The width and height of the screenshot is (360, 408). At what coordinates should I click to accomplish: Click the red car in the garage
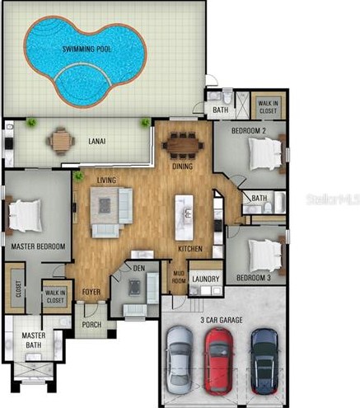click(219, 361)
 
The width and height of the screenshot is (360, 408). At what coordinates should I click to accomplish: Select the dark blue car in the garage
click(264, 361)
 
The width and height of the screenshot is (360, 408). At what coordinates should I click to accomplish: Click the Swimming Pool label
click(86, 49)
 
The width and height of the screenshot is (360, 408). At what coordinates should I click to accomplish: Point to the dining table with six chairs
click(183, 146)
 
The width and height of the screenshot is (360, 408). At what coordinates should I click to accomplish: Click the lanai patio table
click(60, 141)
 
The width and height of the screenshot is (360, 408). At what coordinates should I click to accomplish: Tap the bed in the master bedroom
click(24, 215)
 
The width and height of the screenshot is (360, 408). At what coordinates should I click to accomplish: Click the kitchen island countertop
click(184, 218)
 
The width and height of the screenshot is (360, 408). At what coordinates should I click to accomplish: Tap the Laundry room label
click(206, 279)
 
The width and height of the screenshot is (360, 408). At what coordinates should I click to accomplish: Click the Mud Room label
click(180, 277)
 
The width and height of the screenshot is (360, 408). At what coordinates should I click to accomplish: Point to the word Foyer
click(91, 292)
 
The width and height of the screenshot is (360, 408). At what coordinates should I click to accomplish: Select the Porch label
click(91, 325)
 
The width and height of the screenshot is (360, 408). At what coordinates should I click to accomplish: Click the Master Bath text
click(34, 340)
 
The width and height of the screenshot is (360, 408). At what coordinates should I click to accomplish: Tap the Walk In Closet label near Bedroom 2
click(268, 107)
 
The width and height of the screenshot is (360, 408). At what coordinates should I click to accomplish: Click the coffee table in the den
click(134, 287)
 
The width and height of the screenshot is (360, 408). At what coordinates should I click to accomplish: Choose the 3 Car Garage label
click(222, 320)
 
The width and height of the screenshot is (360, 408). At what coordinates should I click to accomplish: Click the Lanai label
click(97, 141)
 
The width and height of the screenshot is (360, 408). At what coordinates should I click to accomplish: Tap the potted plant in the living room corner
click(78, 176)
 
